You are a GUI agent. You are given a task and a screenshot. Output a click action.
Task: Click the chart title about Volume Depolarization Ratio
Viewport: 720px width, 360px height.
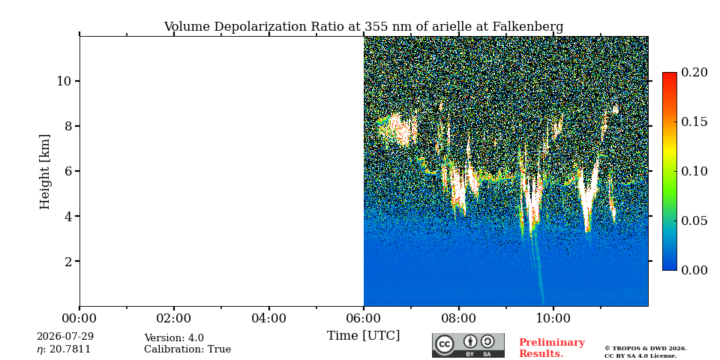[x=363, y=27]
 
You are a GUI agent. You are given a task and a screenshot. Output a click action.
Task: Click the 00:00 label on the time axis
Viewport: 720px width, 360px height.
[x=79, y=318]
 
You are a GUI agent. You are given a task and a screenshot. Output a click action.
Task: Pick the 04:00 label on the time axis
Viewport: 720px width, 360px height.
[x=268, y=318]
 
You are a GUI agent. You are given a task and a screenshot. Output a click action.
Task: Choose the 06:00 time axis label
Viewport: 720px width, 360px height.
[x=364, y=318]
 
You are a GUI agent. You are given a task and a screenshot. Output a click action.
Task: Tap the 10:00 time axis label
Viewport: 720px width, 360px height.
[x=553, y=318]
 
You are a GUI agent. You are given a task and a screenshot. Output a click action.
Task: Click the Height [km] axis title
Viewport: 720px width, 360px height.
[x=44, y=172]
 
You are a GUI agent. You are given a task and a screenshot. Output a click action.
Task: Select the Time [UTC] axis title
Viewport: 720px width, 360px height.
[x=363, y=336]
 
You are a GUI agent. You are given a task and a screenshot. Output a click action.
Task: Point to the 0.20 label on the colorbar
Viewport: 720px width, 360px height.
[x=694, y=72]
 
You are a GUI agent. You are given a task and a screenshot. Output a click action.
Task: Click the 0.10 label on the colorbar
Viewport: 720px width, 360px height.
[x=694, y=171]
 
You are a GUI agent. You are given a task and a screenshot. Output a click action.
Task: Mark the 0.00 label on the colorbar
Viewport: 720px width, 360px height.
[x=694, y=270]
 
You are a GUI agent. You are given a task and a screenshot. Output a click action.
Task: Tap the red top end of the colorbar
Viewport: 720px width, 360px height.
[x=670, y=73]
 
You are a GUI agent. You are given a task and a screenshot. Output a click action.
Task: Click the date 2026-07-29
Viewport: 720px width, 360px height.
[x=65, y=337]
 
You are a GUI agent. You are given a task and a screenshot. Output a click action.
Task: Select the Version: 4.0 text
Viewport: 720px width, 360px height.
[x=174, y=338]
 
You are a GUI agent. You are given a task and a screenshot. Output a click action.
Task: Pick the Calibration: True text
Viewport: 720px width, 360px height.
[x=187, y=349]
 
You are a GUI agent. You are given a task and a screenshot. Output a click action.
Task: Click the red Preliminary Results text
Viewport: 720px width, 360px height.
[x=552, y=348]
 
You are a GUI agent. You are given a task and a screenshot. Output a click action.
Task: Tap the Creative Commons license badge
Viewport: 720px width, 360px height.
[x=468, y=345]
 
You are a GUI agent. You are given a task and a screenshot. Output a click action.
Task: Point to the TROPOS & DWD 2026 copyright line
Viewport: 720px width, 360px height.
[x=646, y=349]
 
